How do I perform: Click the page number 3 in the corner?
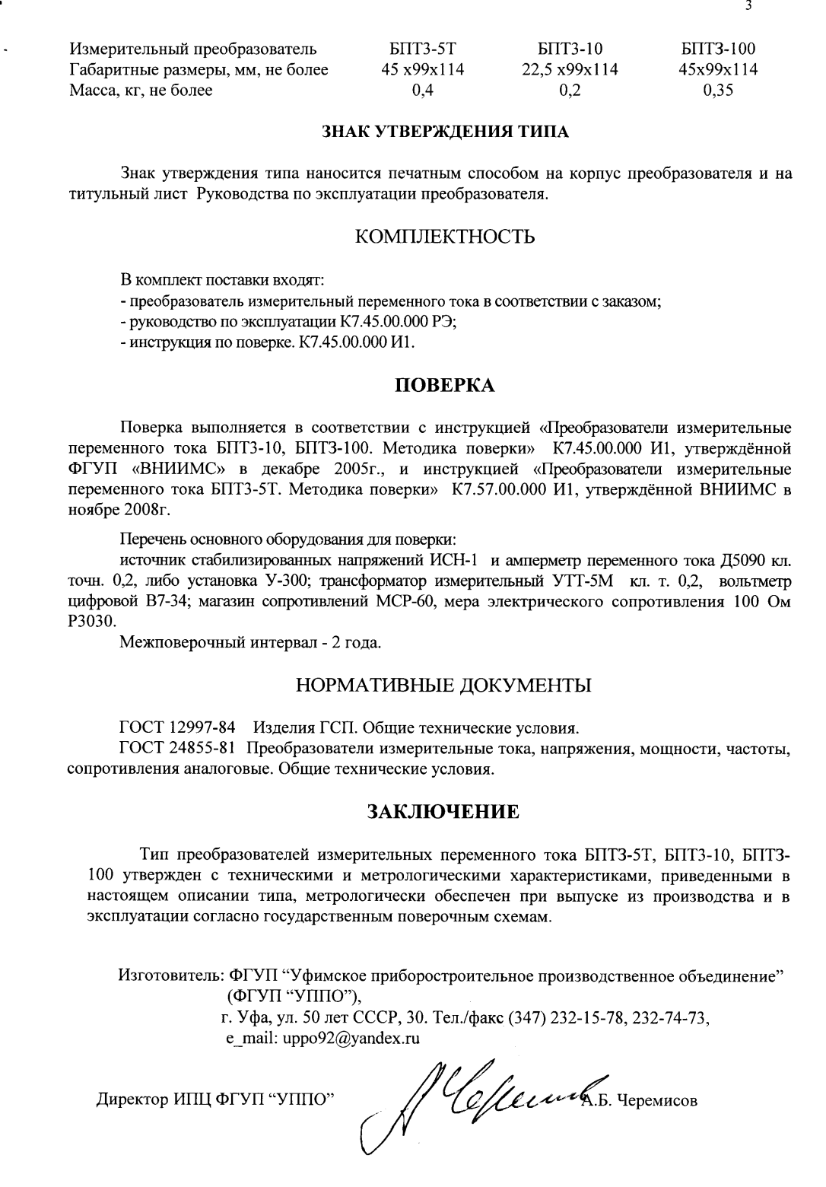[749, 7]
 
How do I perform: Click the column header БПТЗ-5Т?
[422, 50]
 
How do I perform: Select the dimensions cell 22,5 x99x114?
[566, 70]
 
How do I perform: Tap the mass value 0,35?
[718, 91]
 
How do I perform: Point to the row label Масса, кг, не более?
[141, 91]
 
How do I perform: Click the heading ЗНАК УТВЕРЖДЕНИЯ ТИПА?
[446, 132]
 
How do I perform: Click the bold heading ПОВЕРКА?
[445, 385]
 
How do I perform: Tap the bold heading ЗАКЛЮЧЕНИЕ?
[444, 811]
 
